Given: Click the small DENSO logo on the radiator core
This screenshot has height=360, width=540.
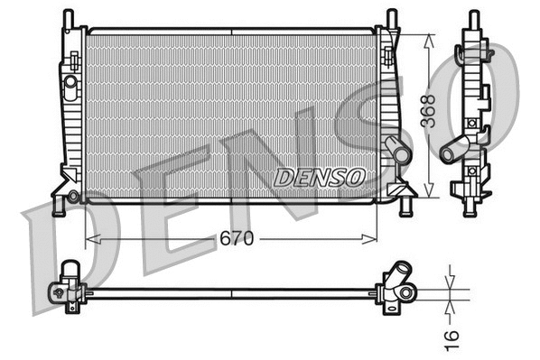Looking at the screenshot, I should pos(319,176).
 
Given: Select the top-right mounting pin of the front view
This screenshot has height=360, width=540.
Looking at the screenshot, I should pos(391,18).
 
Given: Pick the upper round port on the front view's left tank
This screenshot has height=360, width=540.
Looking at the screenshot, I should pos(70,81).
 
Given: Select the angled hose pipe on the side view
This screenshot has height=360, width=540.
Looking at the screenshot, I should pos(455,146).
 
